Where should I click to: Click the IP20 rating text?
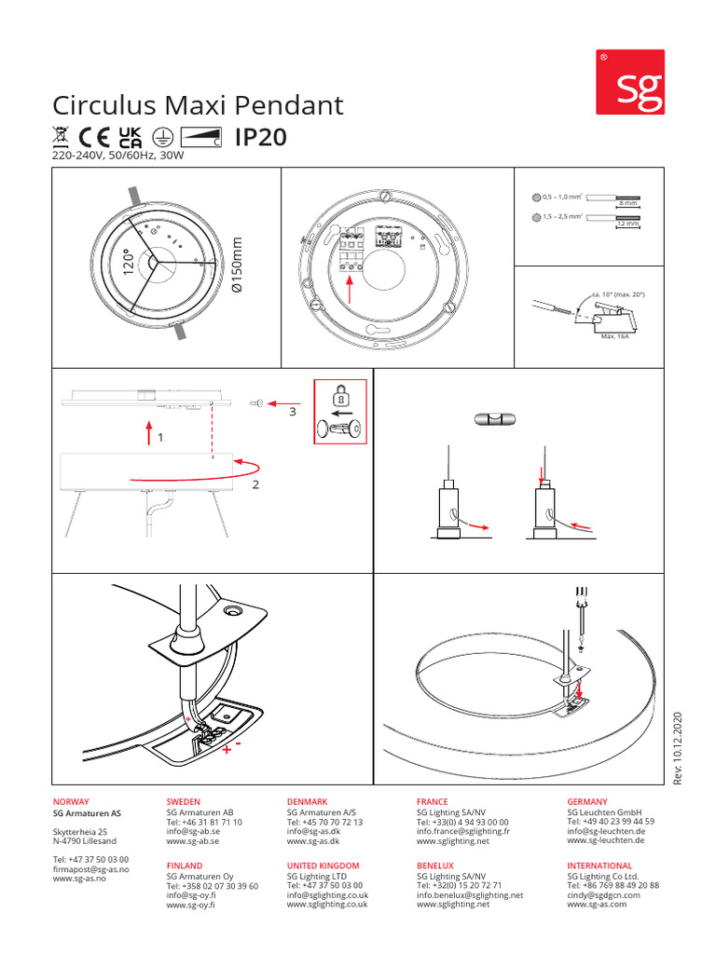point(261,138)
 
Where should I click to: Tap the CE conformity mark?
point(96,138)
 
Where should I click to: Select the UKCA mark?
point(131,138)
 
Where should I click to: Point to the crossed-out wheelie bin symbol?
point(61,138)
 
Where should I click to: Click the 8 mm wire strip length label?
point(627,203)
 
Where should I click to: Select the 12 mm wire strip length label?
point(627,225)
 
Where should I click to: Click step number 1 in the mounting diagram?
point(159,436)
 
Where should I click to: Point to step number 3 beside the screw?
point(292,410)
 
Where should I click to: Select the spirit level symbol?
point(496,420)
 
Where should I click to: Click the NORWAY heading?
point(71,802)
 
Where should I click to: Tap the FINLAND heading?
point(184,866)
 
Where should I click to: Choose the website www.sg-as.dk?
point(313,841)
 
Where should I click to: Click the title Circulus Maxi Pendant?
point(198,104)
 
